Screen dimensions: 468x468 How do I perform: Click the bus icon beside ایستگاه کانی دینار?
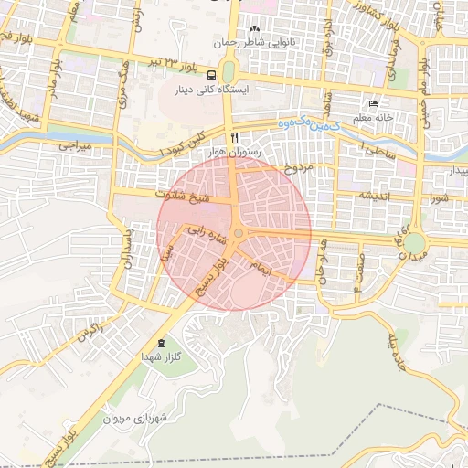pos(212,76)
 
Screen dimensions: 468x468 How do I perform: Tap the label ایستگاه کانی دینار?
pos(240,91)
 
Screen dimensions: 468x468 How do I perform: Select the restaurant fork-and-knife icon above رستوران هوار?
pos(234,136)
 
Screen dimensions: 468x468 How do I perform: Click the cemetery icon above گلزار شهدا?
pos(161,343)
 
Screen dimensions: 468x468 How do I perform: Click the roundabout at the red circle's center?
pos(238,234)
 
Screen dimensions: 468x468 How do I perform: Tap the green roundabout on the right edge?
pos(415,243)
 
